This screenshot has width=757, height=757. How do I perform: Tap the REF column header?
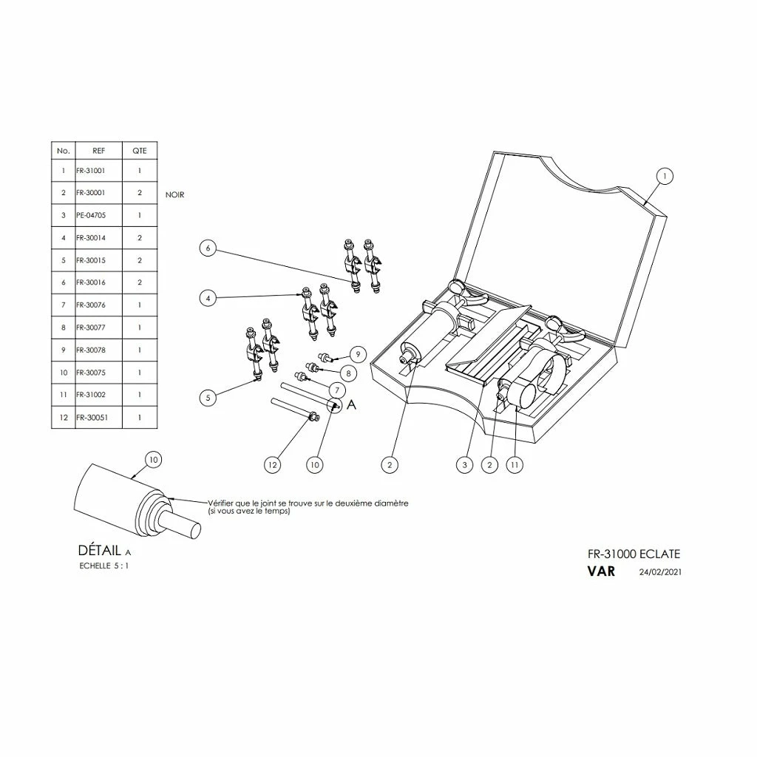98,151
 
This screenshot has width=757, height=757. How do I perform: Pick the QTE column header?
140,151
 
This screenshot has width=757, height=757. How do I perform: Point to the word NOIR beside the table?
175,195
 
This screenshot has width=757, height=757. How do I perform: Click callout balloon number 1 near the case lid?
665,176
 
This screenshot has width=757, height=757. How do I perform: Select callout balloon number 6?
208,248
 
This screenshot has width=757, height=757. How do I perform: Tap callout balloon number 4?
208,298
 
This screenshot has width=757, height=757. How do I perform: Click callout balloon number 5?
208,398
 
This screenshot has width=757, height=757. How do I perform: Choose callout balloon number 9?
357,354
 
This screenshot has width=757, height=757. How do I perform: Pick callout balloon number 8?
346,374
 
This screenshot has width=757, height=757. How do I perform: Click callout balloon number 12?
273,464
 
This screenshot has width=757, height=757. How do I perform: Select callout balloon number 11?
515,464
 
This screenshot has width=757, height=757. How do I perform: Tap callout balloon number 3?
464,464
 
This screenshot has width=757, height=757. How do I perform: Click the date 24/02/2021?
659,572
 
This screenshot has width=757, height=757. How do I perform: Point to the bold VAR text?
601,571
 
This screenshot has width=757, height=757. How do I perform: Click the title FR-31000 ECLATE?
634,554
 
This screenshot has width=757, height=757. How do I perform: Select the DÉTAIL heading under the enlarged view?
100,551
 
